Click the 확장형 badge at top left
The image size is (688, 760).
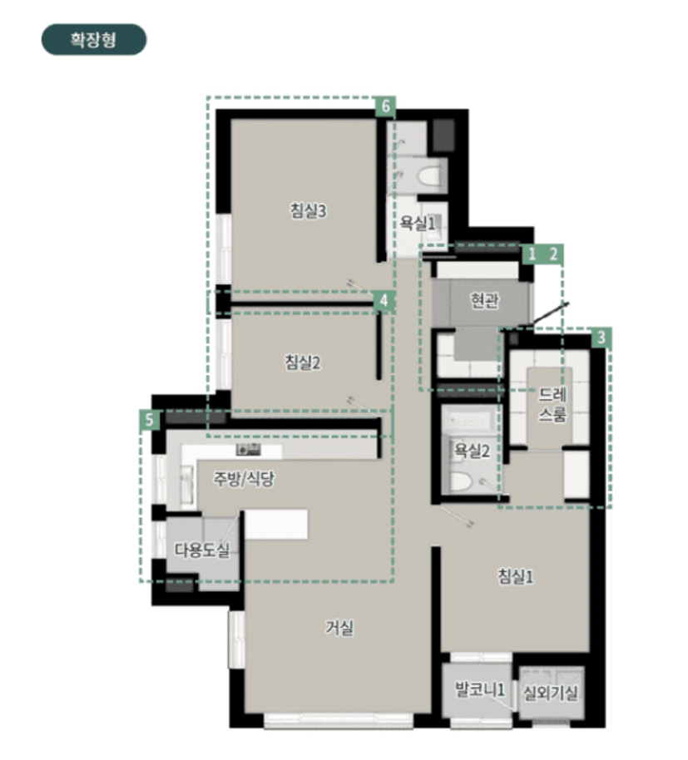click(93, 39)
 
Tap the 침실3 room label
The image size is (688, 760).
click(308, 210)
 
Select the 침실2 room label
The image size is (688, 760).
click(303, 362)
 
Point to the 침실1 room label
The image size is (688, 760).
click(516, 576)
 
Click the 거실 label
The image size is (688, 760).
click(339, 628)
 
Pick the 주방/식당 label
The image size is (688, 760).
click(244, 478)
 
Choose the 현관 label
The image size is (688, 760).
click(484, 300)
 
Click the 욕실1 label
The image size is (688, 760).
click(418, 223)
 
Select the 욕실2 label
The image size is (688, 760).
click(472, 451)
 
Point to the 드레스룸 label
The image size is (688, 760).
click(552, 405)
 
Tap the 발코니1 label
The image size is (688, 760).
click(479, 688)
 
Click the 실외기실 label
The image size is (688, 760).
click(551, 693)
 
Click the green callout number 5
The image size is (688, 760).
click(150, 420)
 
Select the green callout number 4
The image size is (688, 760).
click(384, 301)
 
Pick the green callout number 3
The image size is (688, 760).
click(601, 338)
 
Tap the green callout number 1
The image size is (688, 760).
click(532, 254)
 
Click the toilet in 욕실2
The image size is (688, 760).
click(461, 481)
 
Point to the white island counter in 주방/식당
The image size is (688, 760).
click(276, 524)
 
